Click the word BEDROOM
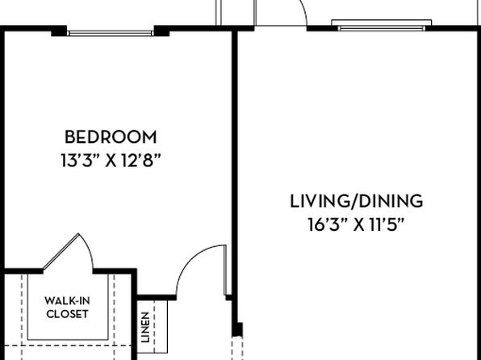click(x=111, y=137)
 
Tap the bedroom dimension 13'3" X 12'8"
click(x=111, y=161)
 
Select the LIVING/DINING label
click(x=357, y=202)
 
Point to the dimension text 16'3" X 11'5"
click(x=357, y=225)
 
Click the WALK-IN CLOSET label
click(x=68, y=308)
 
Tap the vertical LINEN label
click(x=145, y=327)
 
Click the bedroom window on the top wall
click(x=111, y=33)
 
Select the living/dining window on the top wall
click(x=382, y=26)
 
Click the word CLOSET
click(x=68, y=314)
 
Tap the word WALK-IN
click(x=68, y=301)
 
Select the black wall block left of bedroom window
click(x=59, y=31)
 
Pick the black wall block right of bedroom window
click(x=161, y=31)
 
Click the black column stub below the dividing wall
click(x=237, y=329)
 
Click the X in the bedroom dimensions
click(x=111, y=161)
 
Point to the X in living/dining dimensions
click(x=359, y=225)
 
